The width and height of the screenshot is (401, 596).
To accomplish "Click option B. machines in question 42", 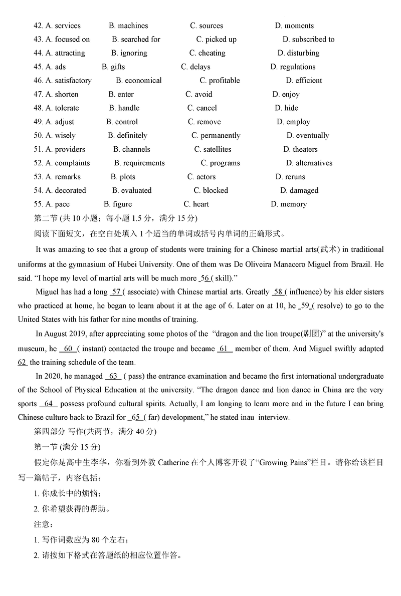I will coord(128,26).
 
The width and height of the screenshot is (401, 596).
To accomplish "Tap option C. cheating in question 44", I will coord(208,53).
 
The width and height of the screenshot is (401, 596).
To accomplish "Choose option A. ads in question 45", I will coord(56,67).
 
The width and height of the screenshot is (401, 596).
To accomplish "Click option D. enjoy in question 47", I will coord(286,94).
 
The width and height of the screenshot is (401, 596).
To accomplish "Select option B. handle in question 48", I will coord(124,108).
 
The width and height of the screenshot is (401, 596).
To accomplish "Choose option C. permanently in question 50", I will coord(216,136).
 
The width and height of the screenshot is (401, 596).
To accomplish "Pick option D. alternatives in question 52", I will coord(309,163).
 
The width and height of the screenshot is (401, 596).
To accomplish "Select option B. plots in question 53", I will coord(123,177).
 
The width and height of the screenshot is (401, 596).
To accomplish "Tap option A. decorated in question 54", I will coord(66,191).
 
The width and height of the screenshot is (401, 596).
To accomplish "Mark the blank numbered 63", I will coord(113,376).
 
